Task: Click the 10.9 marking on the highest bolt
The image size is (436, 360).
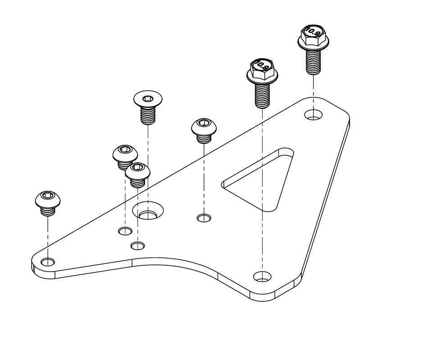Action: coord(311,32)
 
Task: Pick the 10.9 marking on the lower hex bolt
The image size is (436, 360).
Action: coord(261,66)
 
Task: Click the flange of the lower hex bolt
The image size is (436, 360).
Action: coord(260,78)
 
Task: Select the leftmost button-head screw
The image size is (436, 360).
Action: coord(48,203)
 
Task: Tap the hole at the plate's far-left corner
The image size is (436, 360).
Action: coord(48,261)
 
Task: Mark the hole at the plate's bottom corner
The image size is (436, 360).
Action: coord(262,276)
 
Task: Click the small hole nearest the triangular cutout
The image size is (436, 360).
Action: coord(204,218)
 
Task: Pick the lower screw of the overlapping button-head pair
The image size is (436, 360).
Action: coord(137,174)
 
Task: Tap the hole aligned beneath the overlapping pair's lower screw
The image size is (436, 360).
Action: coord(137,245)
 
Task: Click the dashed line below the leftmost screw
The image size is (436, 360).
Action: coord(48,235)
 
